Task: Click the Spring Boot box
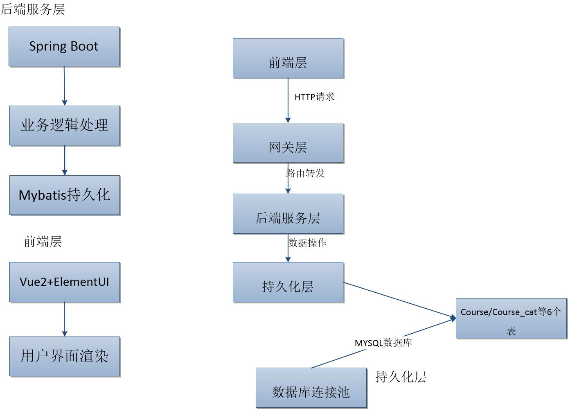coord(64,47)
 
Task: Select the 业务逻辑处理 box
coord(65,125)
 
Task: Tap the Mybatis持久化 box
coord(65,195)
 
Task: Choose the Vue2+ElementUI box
coord(65,282)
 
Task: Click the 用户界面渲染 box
coord(65,356)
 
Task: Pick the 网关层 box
coord(288,143)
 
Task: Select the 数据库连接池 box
coord(311,388)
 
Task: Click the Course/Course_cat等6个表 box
coord(511,318)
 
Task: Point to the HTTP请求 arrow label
coord(314,97)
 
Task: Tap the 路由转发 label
coord(306,173)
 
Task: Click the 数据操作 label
coord(307,243)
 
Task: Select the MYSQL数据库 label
coord(383,343)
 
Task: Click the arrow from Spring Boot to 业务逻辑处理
coord(64,86)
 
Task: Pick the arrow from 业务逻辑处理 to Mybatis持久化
coord(65,160)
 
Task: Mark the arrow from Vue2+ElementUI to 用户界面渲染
coord(65,319)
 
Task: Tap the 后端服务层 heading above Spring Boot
coord(33,9)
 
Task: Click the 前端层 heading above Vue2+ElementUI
coord(43,242)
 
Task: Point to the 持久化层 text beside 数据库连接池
coord(401,377)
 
